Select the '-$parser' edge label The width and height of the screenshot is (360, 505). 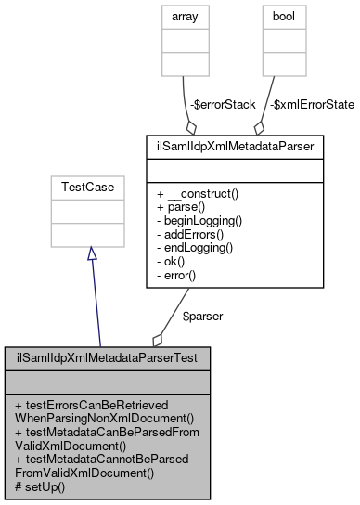(x=199, y=316)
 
